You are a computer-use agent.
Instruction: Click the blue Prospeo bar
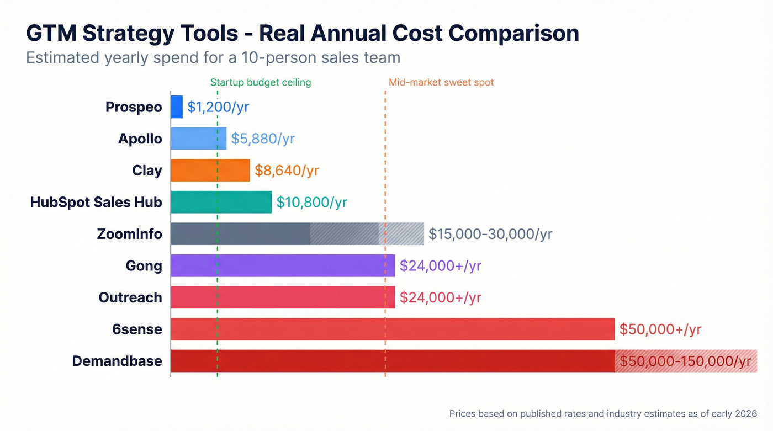pyautogui.click(x=177, y=107)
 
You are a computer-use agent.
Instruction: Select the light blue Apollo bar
pyautogui.click(x=198, y=139)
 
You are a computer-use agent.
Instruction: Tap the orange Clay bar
pyautogui.click(x=210, y=170)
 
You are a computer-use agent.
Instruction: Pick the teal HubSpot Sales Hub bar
pyautogui.click(x=221, y=202)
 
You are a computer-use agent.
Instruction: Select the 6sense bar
pyautogui.click(x=392, y=329)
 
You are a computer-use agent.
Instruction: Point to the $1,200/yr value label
pyautogui.click(x=218, y=107)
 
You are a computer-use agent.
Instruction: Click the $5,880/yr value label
pyautogui.click(x=263, y=139)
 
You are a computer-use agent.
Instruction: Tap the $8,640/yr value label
pyautogui.click(x=287, y=171)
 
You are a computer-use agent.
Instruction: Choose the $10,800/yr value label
pyautogui.click(x=311, y=203)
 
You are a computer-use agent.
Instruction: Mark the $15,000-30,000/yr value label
pyautogui.click(x=490, y=234)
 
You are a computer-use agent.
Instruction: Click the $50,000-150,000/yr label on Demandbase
pyautogui.click(x=685, y=361)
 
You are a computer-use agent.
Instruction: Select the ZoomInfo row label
pyautogui.click(x=129, y=234)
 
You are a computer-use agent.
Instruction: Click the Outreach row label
pyautogui.click(x=130, y=297)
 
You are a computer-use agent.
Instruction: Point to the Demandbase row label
pyautogui.click(x=117, y=361)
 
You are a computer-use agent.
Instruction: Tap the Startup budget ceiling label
pyautogui.click(x=261, y=83)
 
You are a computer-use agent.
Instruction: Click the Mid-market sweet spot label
pyautogui.click(x=441, y=83)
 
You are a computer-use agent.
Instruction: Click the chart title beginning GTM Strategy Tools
pyautogui.click(x=303, y=34)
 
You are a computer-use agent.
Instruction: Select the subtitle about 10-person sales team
pyautogui.click(x=213, y=57)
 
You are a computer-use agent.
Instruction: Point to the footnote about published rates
pyautogui.click(x=603, y=413)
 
